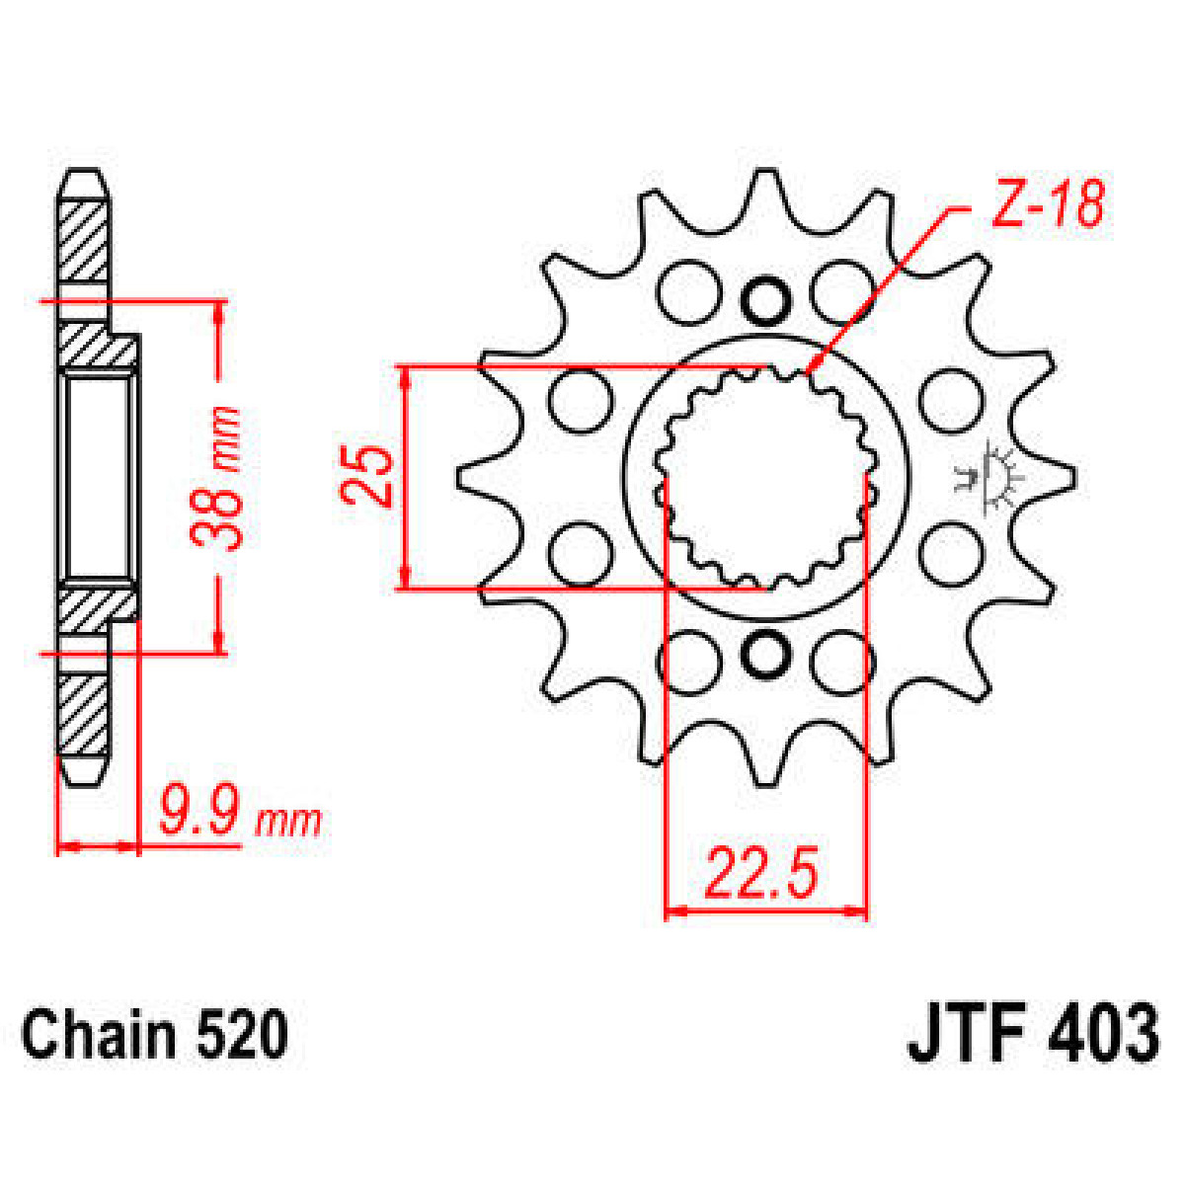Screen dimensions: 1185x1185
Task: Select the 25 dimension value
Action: point(368,476)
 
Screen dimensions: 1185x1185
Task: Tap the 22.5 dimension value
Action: point(761,873)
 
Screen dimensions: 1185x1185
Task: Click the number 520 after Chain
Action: point(242,1036)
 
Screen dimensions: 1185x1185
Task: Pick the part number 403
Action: point(1103,1034)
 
